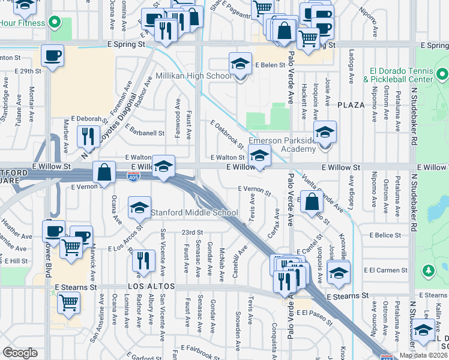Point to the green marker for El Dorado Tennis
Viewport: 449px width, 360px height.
(x=442, y=74)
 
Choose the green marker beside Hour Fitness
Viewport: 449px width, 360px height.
(x=55, y=23)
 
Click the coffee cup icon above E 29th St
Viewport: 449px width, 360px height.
(x=52, y=56)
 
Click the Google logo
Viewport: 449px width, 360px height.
(x=20, y=353)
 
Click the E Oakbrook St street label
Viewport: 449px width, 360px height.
(x=227, y=134)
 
